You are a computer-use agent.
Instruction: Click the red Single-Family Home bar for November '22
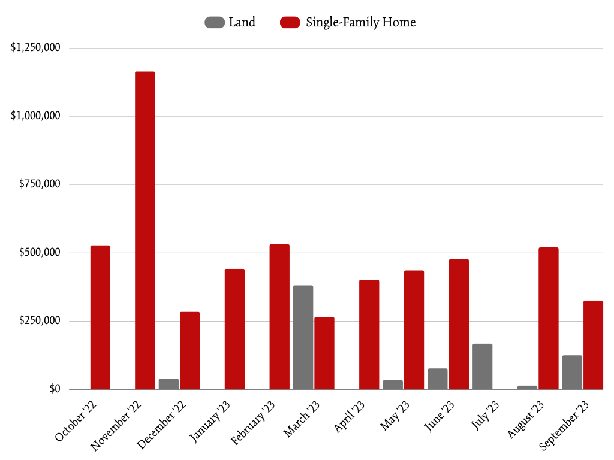[x=145, y=231]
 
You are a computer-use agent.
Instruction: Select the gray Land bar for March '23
[x=303, y=337]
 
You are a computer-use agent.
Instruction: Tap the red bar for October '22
[x=100, y=317]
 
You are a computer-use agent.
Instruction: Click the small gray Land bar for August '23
[x=527, y=388]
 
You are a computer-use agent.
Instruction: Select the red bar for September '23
[x=593, y=345]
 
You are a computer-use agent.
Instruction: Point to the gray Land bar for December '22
[x=168, y=384]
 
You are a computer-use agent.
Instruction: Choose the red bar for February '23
[x=279, y=317]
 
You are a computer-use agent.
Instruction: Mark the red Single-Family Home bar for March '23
[x=324, y=353]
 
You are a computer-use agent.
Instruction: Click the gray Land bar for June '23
[x=438, y=379]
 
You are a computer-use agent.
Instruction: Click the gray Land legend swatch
[x=215, y=23]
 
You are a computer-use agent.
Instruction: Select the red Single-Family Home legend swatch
[x=290, y=23]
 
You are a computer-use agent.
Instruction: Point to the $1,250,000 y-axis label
[x=35, y=48]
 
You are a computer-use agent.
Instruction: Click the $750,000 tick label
[x=40, y=184]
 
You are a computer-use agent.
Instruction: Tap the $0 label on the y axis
[x=55, y=389]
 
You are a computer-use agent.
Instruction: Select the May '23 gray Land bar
[x=393, y=385]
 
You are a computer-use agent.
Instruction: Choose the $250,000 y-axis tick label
[x=40, y=321]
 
